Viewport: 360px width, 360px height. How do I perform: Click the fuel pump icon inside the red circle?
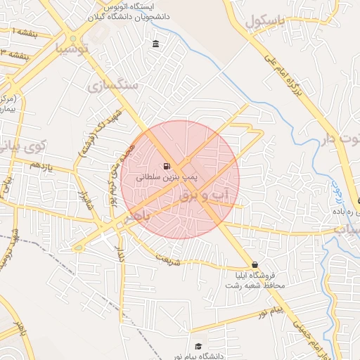pyautogui.click(x=166, y=167)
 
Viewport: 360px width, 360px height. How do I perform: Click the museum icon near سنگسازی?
pyautogui.click(x=155, y=45)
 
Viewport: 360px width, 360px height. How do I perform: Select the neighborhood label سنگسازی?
pyautogui.click(x=112, y=85)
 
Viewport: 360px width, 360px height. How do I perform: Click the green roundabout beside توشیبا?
pyautogui.click(x=72, y=39)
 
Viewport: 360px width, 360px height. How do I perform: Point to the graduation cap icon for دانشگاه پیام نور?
pyautogui.click(x=199, y=347)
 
